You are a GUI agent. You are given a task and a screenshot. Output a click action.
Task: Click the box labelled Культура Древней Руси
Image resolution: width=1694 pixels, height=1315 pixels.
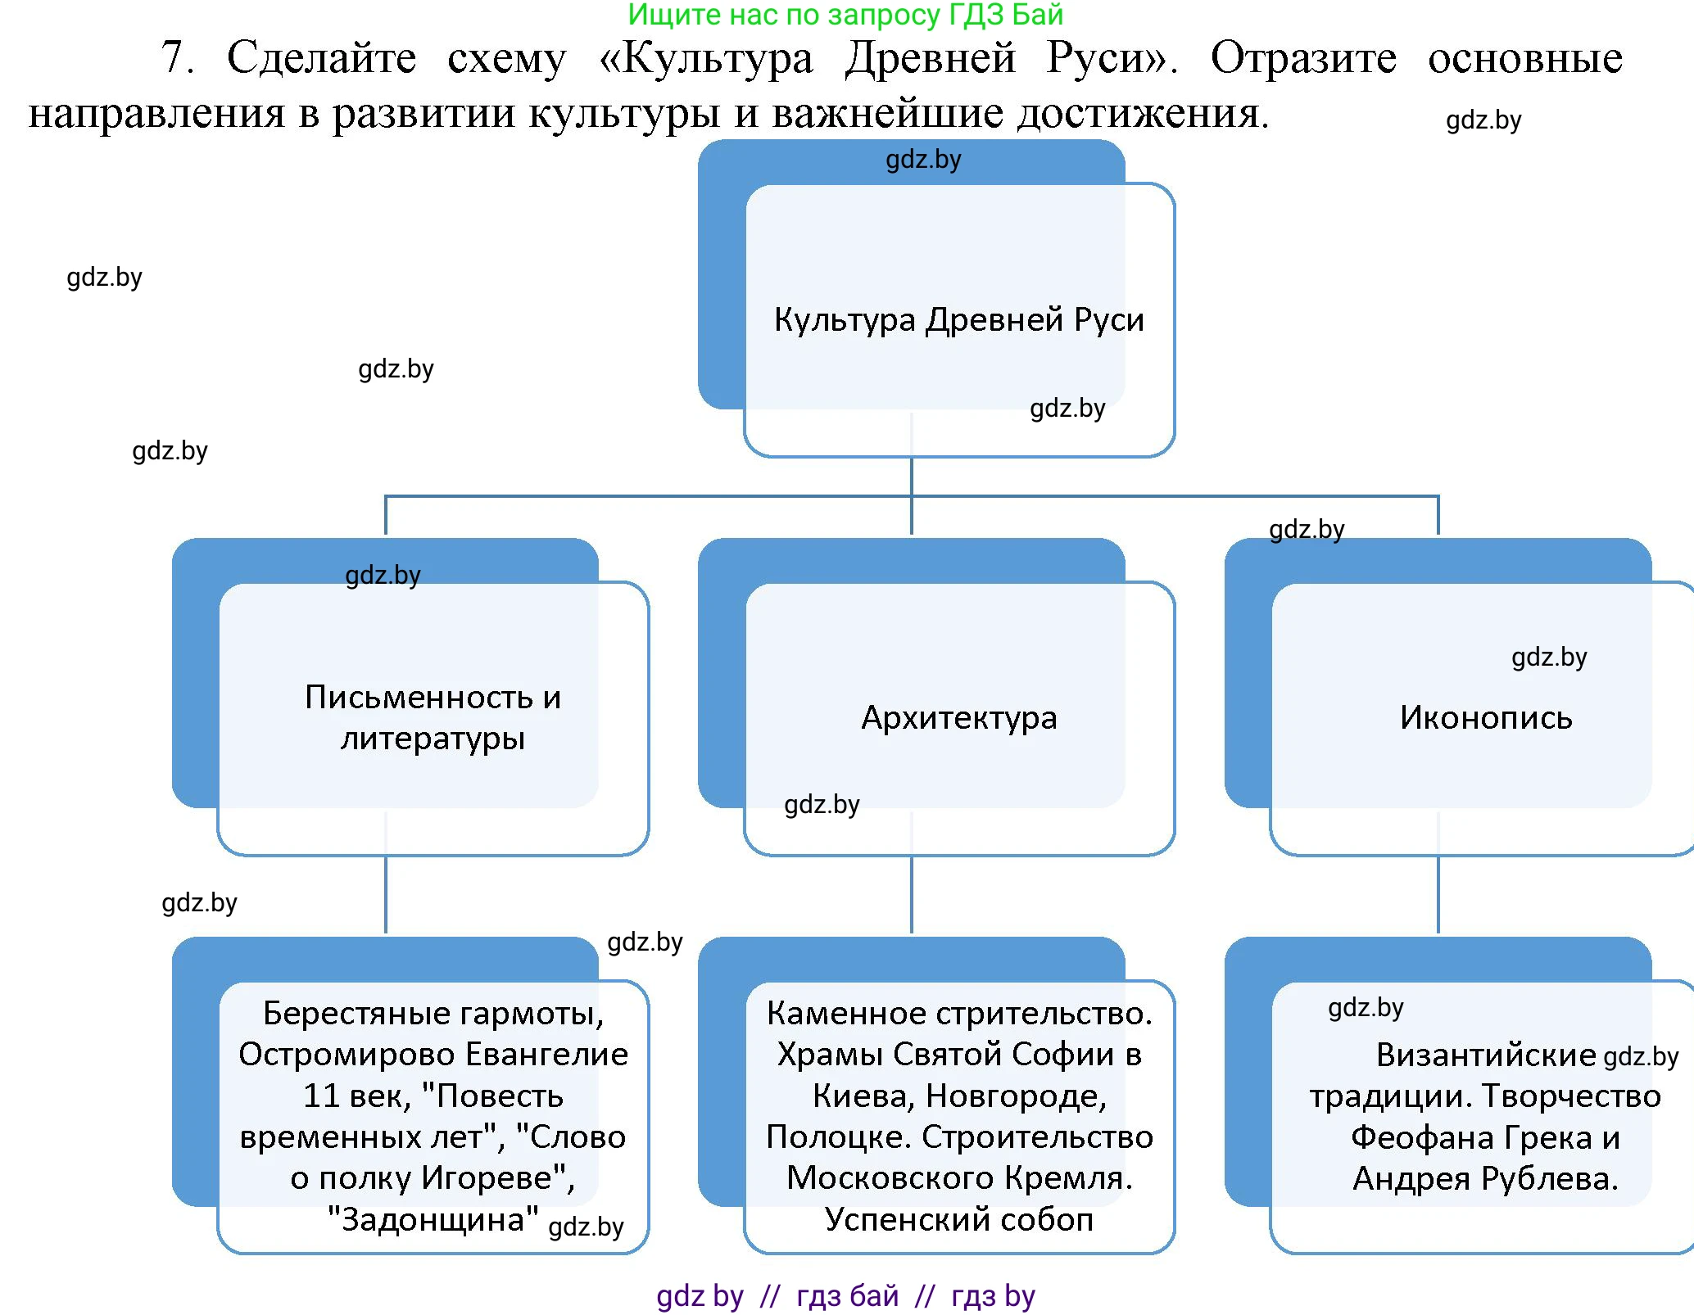tap(958, 319)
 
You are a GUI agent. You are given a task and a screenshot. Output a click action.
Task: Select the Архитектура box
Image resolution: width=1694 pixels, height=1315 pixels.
tap(958, 718)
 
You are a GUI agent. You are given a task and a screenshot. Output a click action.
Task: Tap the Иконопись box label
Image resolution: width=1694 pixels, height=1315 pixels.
tap(1485, 718)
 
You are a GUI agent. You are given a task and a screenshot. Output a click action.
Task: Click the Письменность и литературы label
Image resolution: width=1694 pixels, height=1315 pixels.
tap(433, 718)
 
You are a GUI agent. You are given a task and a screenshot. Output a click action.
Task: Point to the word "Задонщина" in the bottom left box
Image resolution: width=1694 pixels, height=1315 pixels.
tap(432, 1219)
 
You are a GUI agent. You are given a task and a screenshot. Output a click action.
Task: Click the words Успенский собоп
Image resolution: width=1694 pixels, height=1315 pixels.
tap(958, 1219)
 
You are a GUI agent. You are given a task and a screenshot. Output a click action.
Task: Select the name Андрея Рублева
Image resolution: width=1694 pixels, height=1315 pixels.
tap(1485, 1178)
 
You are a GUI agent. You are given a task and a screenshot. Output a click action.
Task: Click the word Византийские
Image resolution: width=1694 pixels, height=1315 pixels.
tap(1485, 1055)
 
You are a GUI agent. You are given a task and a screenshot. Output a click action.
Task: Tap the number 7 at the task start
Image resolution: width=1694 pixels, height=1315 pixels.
tap(177, 57)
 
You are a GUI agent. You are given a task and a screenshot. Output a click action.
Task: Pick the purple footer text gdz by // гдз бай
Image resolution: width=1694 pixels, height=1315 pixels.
tap(778, 1296)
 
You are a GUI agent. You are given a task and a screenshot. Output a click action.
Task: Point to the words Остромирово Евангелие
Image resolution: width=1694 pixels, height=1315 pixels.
tap(433, 1055)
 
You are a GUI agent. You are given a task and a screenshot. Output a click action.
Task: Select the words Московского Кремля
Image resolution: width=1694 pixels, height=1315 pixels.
tap(958, 1178)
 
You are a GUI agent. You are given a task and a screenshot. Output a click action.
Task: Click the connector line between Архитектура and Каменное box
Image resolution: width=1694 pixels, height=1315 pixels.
tap(912, 897)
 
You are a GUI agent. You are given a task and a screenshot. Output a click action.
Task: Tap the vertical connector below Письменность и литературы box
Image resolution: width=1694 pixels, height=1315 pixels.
tap(386, 897)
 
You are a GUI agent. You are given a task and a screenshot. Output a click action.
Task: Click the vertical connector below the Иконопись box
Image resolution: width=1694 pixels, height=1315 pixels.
tap(1438, 897)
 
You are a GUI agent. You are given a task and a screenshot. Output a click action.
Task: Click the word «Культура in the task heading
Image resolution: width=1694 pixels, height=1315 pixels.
tap(706, 57)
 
